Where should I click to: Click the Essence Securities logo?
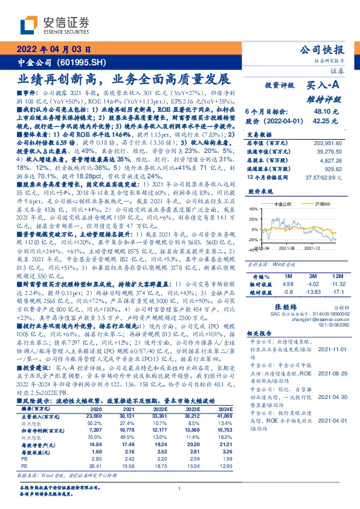pyautogui.click(x=55, y=25)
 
